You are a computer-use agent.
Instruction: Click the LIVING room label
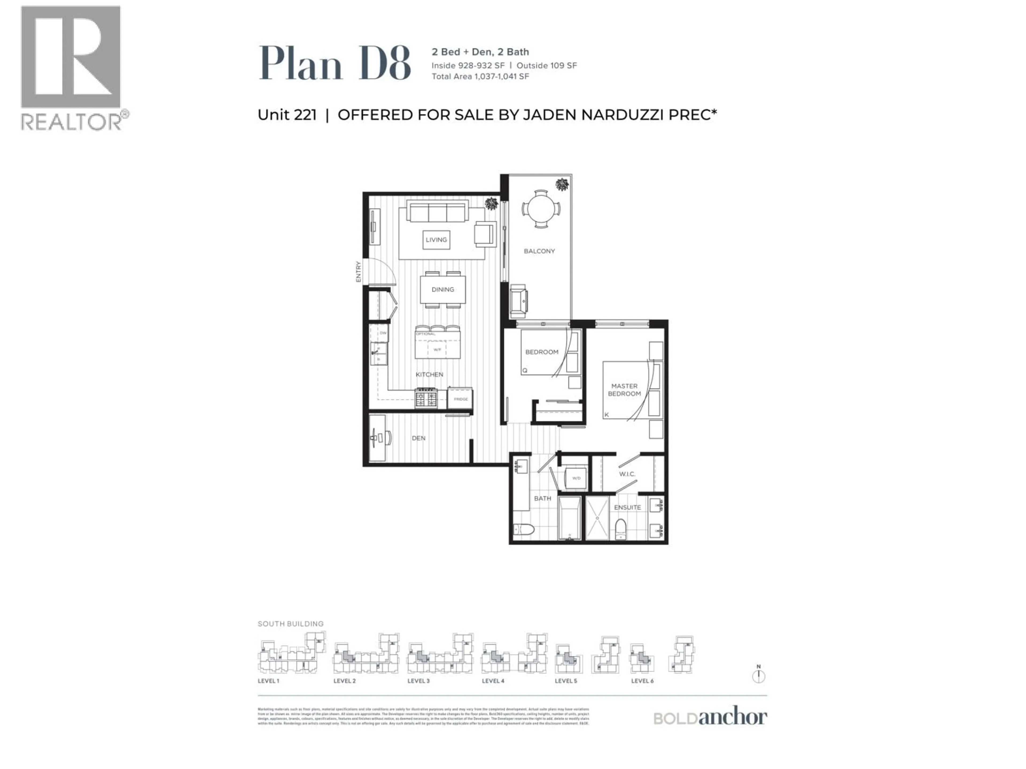coord(436,240)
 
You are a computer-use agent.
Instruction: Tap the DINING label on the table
coord(442,289)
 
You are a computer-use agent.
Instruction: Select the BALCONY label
coord(539,251)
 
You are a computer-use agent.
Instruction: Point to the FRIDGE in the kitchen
coord(460,398)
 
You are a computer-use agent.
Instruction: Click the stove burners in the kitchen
coord(426,398)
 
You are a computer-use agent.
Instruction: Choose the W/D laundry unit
coord(576,478)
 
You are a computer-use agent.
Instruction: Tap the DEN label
coord(418,438)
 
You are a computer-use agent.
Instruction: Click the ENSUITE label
coord(627,507)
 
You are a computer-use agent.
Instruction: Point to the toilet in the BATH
coord(524,529)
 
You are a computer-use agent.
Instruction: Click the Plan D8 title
coord(334,64)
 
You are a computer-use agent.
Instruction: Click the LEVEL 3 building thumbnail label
coord(418,681)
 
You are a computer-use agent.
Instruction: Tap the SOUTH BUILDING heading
coord(290,624)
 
